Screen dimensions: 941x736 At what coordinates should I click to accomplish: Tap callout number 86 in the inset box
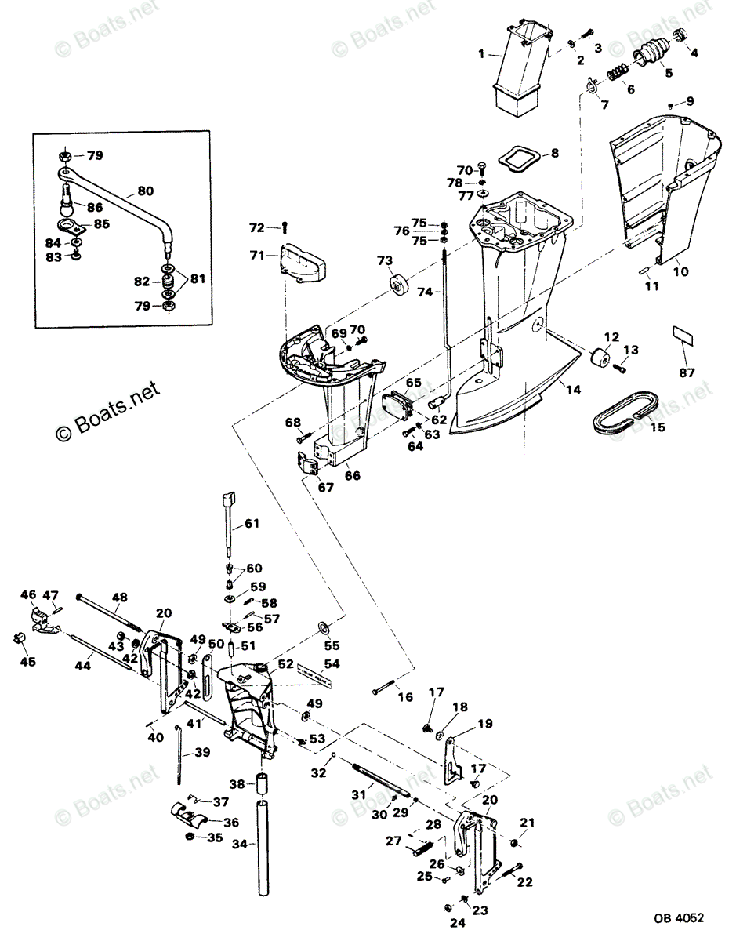[x=95, y=208]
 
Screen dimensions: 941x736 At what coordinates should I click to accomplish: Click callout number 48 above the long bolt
[x=119, y=597]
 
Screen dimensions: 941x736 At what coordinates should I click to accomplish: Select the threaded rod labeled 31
[x=386, y=779]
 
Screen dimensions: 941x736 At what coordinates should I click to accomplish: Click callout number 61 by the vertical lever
[x=250, y=523]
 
